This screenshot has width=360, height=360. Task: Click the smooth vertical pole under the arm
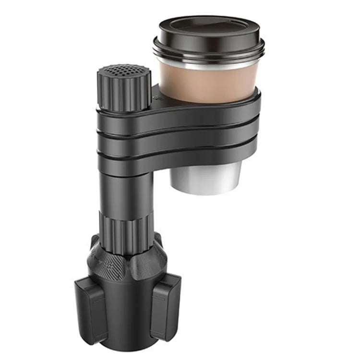coord(122,192)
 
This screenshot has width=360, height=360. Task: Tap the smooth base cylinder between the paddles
coord(127,312)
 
